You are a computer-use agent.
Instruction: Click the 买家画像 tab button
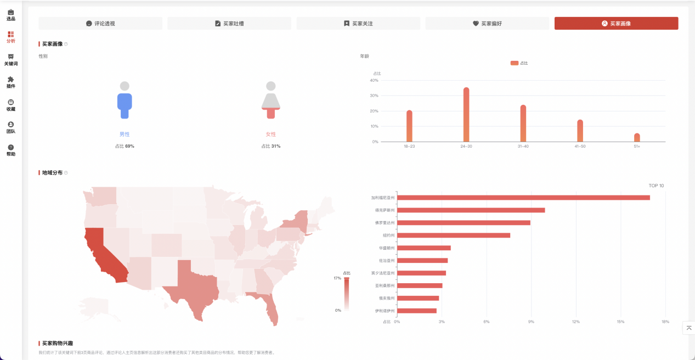point(616,24)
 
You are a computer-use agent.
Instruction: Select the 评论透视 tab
point(100,24)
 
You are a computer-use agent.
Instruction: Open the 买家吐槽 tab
point(229,24)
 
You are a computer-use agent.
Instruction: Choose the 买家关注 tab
point(358,24)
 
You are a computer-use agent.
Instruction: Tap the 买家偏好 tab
point(487,24)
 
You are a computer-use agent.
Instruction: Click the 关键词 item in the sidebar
point(11,60)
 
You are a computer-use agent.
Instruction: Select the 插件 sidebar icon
point(11,82)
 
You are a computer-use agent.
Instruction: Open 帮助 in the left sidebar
point(11,150)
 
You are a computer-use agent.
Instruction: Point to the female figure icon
point(270,100)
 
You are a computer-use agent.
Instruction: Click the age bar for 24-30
point(466,115)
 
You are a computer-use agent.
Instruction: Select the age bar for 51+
point(637,137)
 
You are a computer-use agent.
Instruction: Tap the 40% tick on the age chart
point(374,81)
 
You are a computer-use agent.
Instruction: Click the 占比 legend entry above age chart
point(519,63)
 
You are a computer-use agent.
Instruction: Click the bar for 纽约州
point(454,235)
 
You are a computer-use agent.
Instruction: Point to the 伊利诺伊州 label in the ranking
point(385,311)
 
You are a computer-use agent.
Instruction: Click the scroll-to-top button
point(689,328)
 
